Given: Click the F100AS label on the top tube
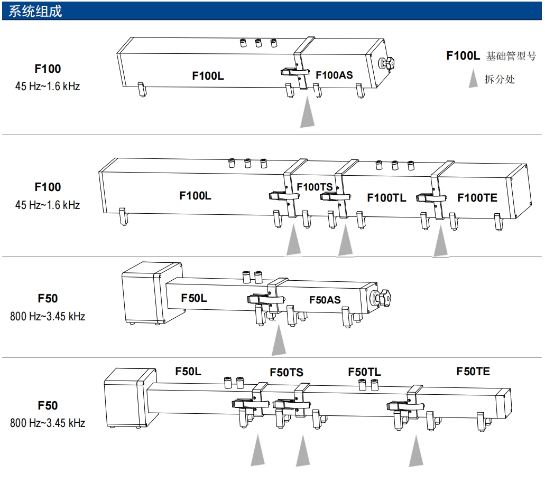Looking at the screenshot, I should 334,75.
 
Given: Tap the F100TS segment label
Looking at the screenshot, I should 315,187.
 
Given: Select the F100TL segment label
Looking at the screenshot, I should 386,198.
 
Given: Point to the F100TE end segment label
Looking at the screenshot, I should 477,198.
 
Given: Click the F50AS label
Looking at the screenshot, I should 325,300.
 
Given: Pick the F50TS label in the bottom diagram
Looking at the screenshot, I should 287,373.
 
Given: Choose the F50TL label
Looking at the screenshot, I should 364,372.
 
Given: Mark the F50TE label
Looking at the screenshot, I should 473,372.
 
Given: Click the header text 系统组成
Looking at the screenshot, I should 35,11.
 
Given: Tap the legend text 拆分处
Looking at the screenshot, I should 500,80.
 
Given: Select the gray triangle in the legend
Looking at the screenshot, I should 474,80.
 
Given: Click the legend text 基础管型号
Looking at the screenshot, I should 511,56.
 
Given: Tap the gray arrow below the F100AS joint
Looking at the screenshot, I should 307,113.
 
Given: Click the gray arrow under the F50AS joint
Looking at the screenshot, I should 279,342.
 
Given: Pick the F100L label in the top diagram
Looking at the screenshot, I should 208,75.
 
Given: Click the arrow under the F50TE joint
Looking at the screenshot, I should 416,452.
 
